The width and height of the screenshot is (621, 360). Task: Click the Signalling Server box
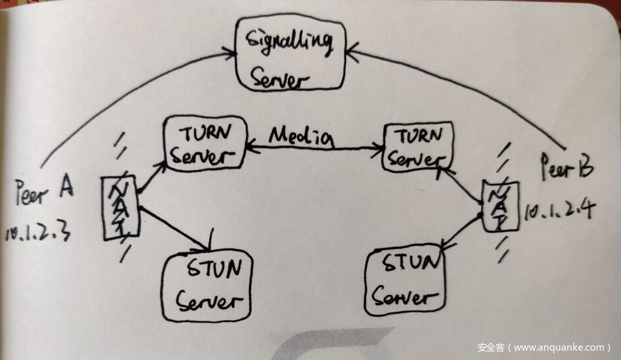(x=290, y=54)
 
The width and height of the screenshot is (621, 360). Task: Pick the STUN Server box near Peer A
(x=207, y=286)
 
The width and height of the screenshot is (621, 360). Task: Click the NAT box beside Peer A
(x=120, y=206)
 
